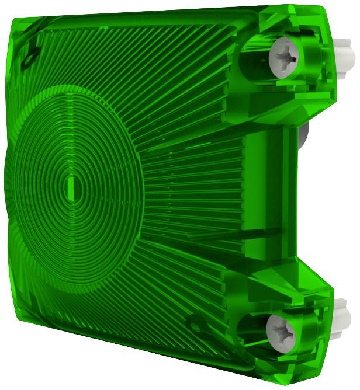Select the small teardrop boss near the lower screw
pos(193,321)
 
